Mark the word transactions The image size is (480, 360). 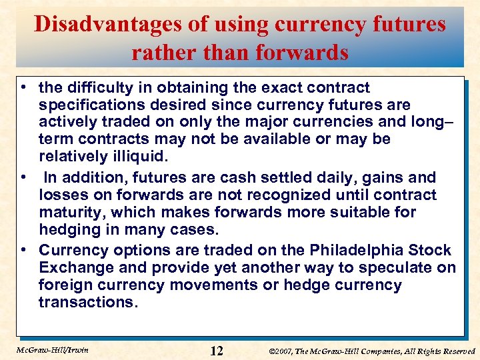click(88, 303)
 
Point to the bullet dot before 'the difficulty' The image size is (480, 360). click(23, 88)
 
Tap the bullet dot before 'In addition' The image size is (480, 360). click(23, 178)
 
